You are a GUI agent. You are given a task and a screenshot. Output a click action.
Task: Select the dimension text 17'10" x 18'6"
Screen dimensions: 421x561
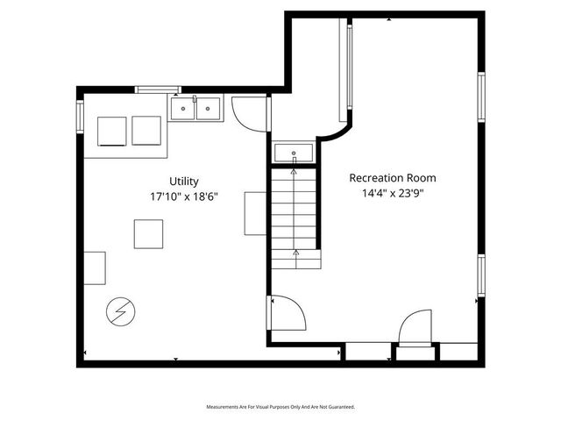184,196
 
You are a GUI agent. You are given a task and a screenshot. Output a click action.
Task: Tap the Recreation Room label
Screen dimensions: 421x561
393,177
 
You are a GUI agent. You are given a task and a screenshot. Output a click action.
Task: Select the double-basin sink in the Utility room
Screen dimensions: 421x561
195,108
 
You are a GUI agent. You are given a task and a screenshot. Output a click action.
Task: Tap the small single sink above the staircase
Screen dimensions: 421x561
294,153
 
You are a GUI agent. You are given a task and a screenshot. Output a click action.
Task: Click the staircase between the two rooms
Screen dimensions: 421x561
295,215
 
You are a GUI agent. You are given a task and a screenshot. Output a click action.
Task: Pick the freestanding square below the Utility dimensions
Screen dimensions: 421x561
148,233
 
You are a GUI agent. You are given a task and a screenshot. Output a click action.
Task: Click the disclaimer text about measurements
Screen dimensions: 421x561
280,407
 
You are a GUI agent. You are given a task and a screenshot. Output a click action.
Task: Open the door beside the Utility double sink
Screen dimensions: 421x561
248,111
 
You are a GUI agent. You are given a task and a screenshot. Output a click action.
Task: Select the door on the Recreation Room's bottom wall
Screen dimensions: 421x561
415,331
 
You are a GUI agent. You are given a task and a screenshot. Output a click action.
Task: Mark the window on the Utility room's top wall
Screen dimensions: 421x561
158,89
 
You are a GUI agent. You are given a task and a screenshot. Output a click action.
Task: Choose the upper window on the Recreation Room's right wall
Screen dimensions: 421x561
481,95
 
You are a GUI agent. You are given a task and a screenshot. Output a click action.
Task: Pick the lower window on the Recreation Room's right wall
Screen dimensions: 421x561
481,275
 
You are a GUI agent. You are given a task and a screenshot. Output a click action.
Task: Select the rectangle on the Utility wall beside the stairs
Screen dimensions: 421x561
255,212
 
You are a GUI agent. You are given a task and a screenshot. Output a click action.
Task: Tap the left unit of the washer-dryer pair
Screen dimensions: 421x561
113,131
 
